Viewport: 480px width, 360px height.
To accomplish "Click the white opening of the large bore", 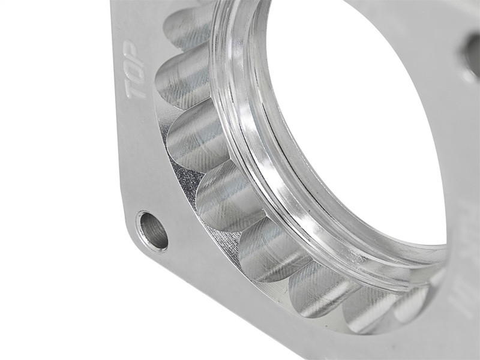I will point(354,120).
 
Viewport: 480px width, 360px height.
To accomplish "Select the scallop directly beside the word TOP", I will point(183,81).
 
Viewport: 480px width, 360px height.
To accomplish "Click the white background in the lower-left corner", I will point(48,312).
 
